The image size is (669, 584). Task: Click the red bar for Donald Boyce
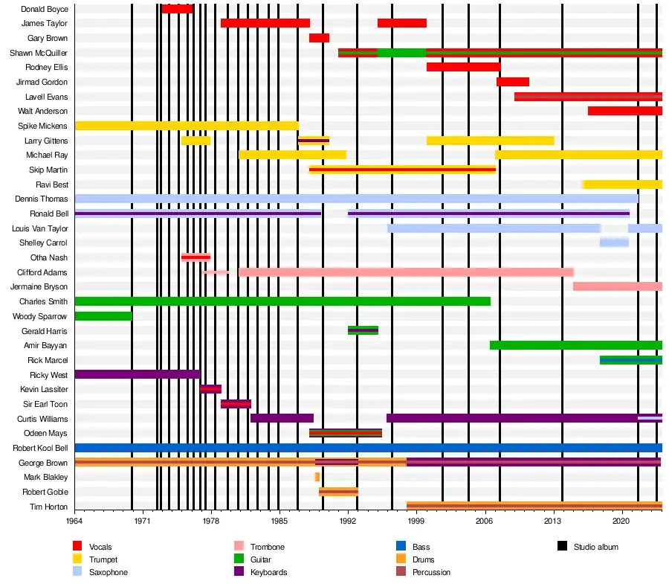[177, 9]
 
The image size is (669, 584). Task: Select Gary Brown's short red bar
[319, 38]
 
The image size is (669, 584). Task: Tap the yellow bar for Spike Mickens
[186, 126]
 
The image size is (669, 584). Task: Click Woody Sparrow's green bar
[103, 316]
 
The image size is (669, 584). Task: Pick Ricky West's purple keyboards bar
[137, 374]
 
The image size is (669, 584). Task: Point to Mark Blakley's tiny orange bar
[317, 477]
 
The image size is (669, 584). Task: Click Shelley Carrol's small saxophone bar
[614, 243]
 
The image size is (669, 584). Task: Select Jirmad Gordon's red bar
[513, 82]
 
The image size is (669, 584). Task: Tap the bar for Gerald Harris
[363, 330]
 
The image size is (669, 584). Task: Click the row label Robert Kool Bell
[40, 448]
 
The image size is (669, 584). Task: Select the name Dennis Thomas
[42, 199]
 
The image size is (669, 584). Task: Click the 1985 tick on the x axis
[280, 523]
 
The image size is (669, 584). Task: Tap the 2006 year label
[485, 523]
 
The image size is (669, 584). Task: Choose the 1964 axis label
[74, 523]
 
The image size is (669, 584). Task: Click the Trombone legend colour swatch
[239, 547]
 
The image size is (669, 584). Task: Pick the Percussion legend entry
[430, 572]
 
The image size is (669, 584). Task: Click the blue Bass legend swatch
[401, 547]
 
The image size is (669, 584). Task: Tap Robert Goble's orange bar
[338, 492]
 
